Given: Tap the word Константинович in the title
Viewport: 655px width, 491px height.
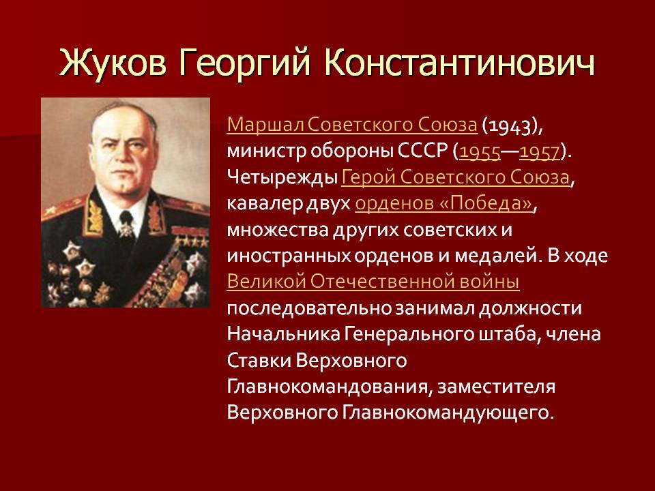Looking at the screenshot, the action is (x=459, y=63).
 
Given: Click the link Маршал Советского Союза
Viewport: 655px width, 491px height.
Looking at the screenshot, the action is (x=352, y=125).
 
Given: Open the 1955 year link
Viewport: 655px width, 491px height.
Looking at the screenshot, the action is (x=480, y=152).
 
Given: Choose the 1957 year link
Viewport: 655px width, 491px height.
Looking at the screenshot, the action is (x=540, y=152).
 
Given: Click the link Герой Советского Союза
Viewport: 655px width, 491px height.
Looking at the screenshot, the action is (x=456, y=177).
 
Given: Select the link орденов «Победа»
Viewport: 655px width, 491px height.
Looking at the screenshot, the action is (x=444, y=203).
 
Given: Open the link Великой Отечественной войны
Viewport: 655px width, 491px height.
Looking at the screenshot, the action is (x=373, y=282).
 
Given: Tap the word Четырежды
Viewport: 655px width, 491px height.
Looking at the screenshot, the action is (x=282, y=178).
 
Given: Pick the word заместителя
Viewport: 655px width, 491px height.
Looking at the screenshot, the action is (x=496, y=387).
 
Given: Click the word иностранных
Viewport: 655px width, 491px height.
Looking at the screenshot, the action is (x=289, y=256).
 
